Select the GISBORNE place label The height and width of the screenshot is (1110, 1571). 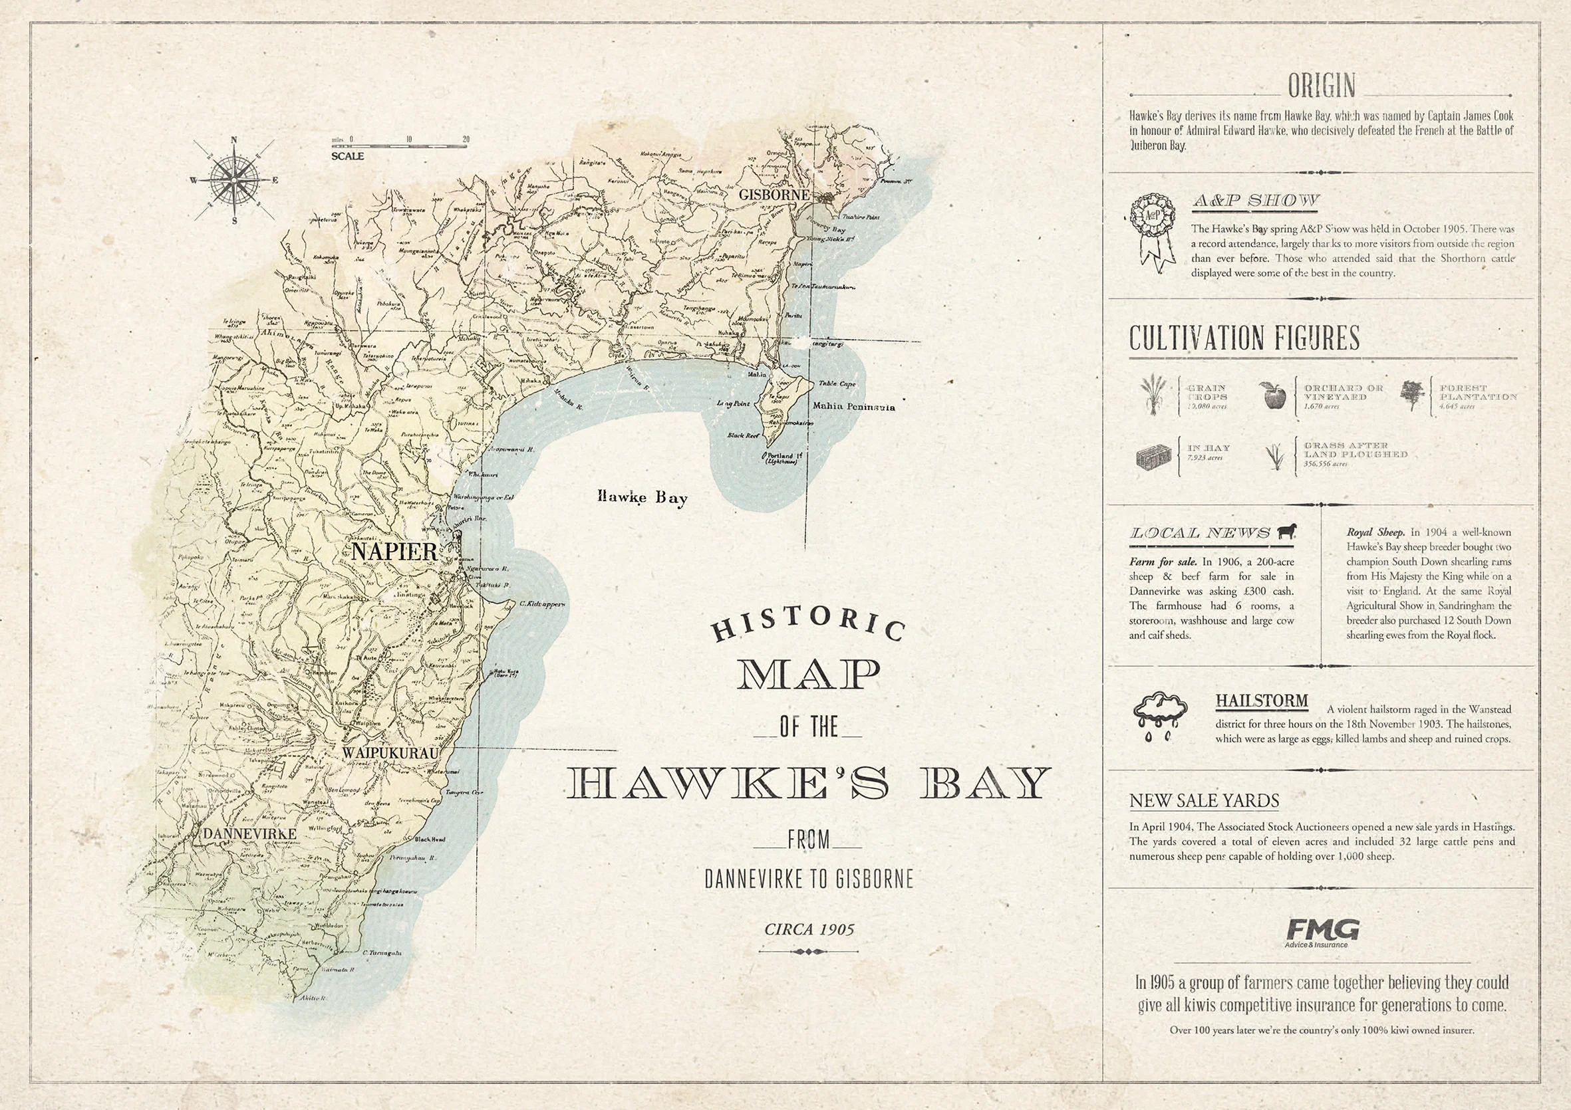pos(774,195)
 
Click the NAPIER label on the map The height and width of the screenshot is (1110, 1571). pos(394,552)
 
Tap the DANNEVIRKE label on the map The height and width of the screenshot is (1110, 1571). pos(249,833)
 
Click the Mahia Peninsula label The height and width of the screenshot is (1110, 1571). pos(853,406)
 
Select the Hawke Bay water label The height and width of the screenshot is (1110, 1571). pos(642,497)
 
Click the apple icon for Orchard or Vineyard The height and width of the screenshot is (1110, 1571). pos(1272,395)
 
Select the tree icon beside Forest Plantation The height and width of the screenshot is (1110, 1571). pos(1411,395)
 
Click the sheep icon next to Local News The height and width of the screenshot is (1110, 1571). pos(1286,532)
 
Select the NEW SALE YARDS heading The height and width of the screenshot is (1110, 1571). pos(1204,800)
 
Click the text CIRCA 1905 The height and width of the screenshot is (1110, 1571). pos(809,929)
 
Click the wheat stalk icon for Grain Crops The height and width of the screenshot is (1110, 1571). pos(1153,395)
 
